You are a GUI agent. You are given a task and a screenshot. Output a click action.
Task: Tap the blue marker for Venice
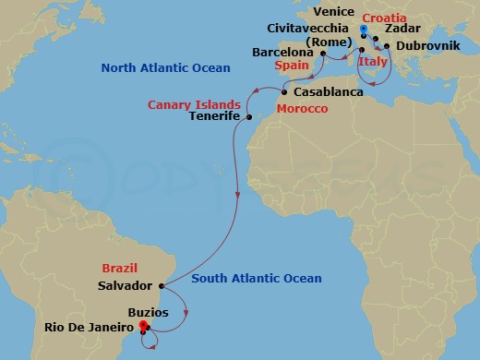[x=365, y=29]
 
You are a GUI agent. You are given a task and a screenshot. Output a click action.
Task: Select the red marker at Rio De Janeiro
[x=142, y=325]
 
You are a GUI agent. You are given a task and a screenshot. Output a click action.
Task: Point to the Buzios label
[x=148, y=312]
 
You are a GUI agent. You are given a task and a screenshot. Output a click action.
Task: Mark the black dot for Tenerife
[x=249, y=117]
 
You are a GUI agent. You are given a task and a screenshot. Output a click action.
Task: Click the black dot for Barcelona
[x=322, y=53]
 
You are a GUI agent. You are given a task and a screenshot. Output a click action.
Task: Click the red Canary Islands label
[x=195, y=103]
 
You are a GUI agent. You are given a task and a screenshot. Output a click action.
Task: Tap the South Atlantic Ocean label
[x=257, y=278]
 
